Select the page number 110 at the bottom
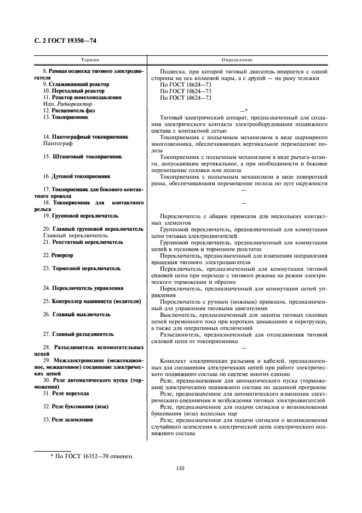[x=181, y=468]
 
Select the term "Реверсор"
[x=58, y=255]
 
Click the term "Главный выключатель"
[x=76, y=315]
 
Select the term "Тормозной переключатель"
[x=82, y=269]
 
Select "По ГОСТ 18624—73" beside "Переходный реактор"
[x=185, y=91]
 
